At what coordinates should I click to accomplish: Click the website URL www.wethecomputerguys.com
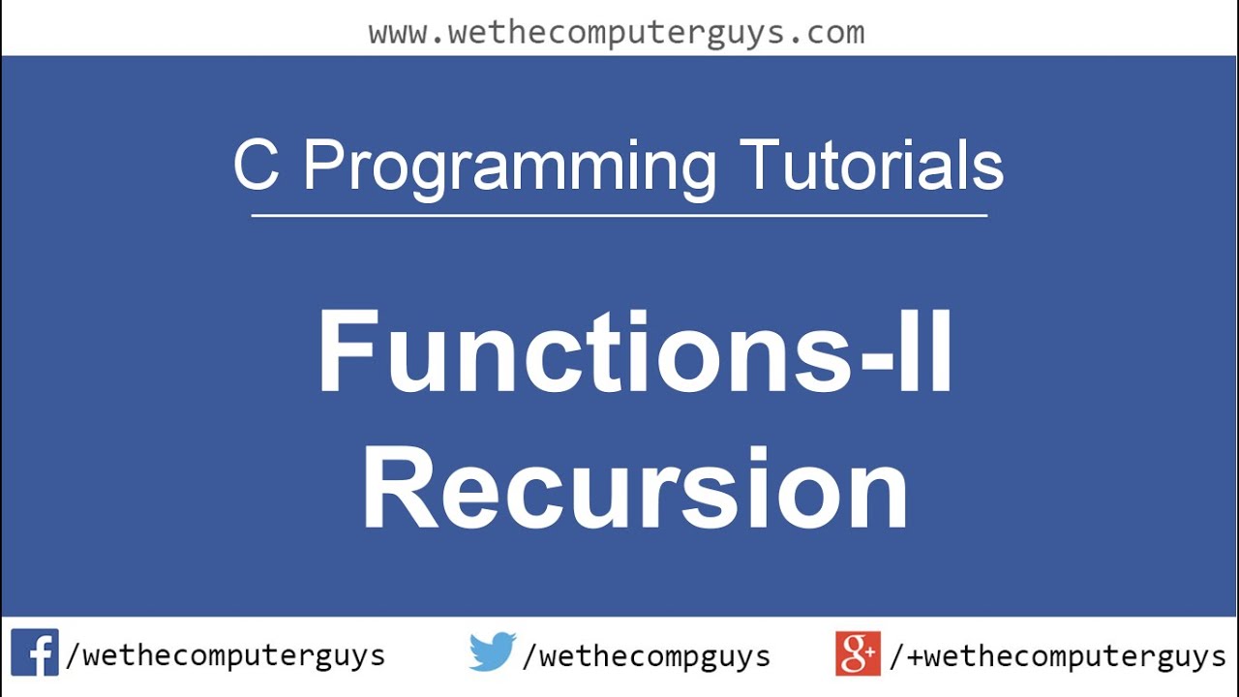point(617,33)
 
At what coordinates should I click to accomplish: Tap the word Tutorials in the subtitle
point(871,167)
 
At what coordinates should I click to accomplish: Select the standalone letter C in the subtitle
point(257,167)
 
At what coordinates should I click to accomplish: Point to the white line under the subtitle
point(619,215)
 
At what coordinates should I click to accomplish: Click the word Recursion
point(635,489)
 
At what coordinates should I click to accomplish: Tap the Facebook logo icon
point(35,653)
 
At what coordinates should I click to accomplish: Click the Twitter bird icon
point(493,653)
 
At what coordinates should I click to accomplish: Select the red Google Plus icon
point(858,653)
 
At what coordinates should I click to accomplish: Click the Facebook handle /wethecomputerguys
point(225,656)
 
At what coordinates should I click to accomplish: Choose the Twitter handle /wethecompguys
point(646,656)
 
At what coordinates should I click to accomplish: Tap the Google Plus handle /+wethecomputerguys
point(1057,656)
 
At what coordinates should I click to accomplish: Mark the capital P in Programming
point(324,167)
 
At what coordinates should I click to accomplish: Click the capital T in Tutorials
point(760,167)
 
